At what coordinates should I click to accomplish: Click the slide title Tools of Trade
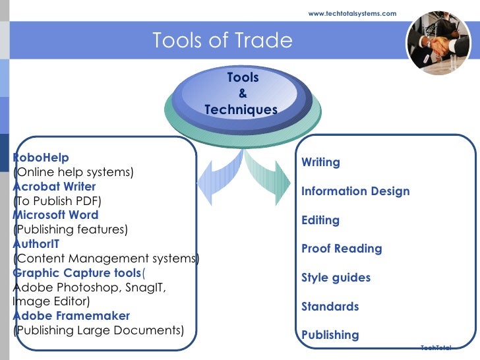point(222,41)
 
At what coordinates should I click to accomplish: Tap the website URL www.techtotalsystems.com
point(353,13)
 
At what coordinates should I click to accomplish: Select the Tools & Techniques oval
point(242,94)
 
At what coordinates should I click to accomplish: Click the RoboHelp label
point(41,158)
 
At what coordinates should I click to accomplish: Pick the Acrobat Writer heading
point(54,187)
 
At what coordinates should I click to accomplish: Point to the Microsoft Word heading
point(55,215)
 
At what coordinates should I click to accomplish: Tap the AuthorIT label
point(36,244)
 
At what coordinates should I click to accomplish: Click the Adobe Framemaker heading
point(71,316)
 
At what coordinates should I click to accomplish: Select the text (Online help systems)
point(73,173)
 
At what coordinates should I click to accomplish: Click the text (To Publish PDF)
point(58,201)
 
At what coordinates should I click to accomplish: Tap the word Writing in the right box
point(320,162)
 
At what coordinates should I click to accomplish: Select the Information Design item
point(355,191)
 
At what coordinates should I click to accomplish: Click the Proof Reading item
point(342,249)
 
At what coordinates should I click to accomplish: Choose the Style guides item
point(336,278)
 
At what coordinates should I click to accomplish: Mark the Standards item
point(330,307)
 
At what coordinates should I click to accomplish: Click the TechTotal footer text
point(436,347)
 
